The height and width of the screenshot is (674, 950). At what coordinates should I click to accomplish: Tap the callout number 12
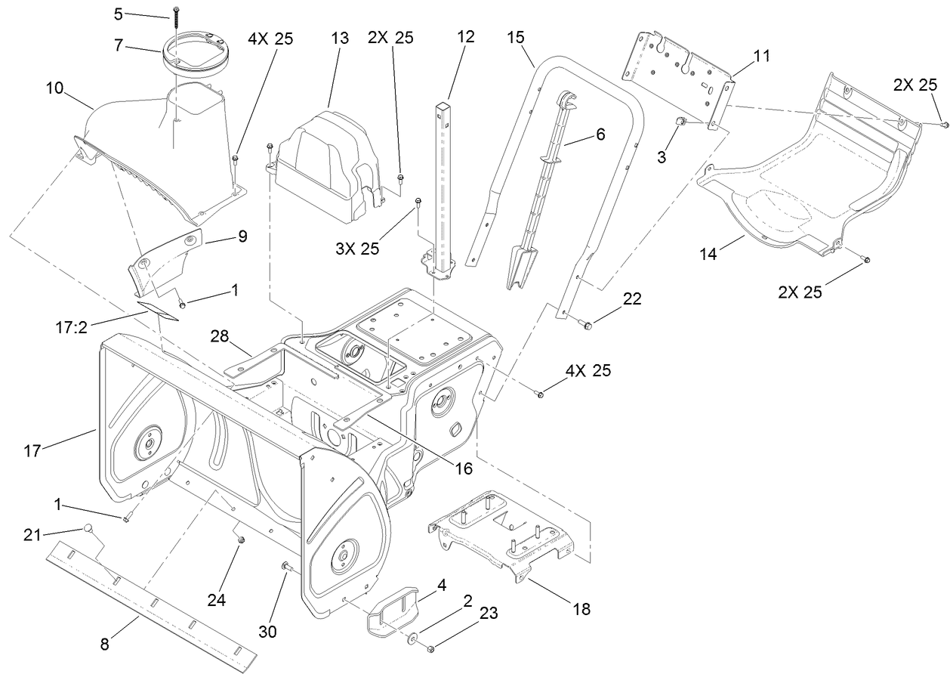[465, 37]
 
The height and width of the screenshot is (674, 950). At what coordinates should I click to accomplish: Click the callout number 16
[462, 468]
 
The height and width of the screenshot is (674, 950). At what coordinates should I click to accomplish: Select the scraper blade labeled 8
[151, 602]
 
